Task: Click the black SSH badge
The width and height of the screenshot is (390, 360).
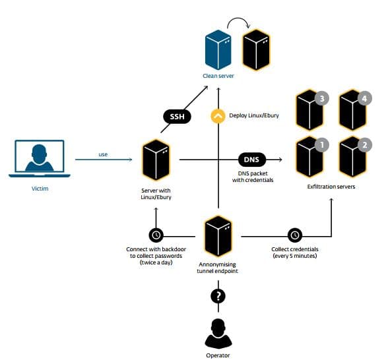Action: pyautogui.click(x=177, y=116)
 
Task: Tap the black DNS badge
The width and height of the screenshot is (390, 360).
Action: pyautogui.click(x=251, y=160)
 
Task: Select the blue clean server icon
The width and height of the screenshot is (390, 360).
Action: pyautogui.click(x=218, y=49)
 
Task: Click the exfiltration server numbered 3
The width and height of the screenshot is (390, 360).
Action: pyautogui.click(x=309, y=110)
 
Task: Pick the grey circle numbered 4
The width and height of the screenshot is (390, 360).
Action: pyautogui.click(x=365, y=99)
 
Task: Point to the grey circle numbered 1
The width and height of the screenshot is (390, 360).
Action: pyautogui.click(x=322, y=145)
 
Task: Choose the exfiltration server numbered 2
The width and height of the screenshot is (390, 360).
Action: pyautogui.click(x=352, y=157)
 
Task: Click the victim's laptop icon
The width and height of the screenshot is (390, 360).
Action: pyautogui.click(x=40, y=158)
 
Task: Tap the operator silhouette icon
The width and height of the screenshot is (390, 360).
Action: pyautogui.click(x=218, y=334)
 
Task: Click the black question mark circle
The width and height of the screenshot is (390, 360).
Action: pyautogui.click(x=218, y=296)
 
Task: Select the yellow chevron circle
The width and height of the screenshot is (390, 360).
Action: pyautogui.click(x=218, y=116)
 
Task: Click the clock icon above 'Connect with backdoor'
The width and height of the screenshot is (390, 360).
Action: pyautogui.click(x=156, y=235)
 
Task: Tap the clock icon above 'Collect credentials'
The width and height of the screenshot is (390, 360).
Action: pyautogui.click(x=295, y=235)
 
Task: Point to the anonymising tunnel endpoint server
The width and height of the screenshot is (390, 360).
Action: pyautogui.click(x=218, y=236)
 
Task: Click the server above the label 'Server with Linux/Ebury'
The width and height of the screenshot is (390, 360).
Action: pyautogui.click(x=156, y=160)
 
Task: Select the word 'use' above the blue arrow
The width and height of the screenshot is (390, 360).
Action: pyautogui.click(x=103, y=154)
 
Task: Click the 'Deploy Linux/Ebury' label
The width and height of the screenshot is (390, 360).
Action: pyautogui.click(x=254, y=115)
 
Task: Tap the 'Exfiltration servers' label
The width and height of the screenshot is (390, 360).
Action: pyautogui.click(x=331, y=187)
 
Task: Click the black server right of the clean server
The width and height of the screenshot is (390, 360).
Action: pyautogui.click(x=256, y=49)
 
